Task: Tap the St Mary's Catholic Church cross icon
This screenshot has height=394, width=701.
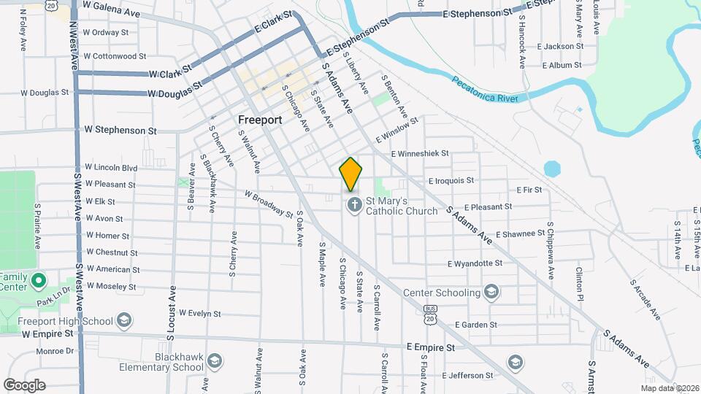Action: pyautogui.click(x=353, y=205)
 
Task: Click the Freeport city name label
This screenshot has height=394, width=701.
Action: pyautogui.click(x=260, y=119)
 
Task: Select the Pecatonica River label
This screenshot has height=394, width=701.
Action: pyautogui.click(x=485, y=89)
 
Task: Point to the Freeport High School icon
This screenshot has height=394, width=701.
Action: pyautogui.click(x=124, y=320)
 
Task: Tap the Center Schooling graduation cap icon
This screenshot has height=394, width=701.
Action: pyautogui.click(x=492, y=293)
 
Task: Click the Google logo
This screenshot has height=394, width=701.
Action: pyautogui.click(x=24, y=385)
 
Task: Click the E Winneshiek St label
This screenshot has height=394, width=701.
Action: pyautogui.click(x=419, y=154)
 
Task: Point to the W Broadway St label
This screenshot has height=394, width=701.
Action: pyautogui.click(x=269, y=204)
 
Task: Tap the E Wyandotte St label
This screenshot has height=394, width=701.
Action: pyautogui.click(x=475, y=263)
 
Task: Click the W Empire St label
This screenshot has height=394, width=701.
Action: pyautogui.click(x=47, y=333)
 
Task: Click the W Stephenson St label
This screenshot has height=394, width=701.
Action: pyautogui.click(x=120, y=130)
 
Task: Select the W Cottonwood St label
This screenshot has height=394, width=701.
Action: pyautogui.click(x=115, y=56)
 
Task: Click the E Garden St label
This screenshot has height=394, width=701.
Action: pyautogui.click(x=475, y=325)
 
